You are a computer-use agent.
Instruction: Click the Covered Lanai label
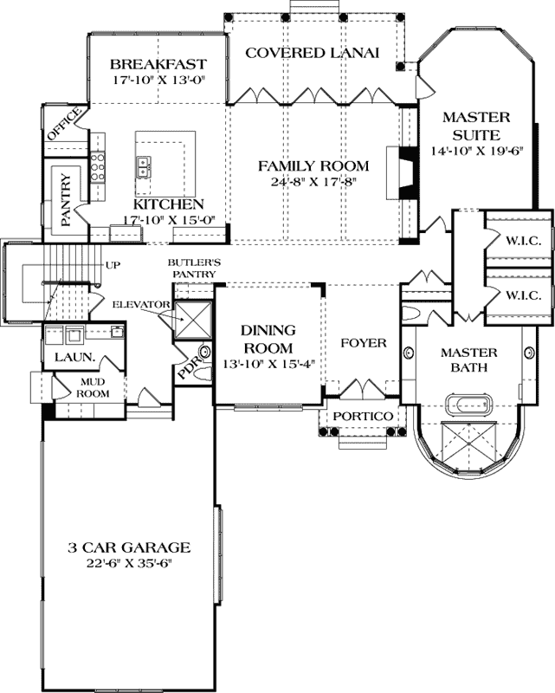[x=313, y=53]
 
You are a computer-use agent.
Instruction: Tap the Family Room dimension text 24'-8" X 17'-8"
[x=313, y=182]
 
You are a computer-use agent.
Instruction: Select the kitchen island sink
[x=143, y=166]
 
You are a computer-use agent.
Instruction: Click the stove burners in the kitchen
[x=98, y=166]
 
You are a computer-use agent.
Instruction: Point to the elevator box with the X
[x=193, y=320]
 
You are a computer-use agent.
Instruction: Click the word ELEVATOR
[x=141, y=305]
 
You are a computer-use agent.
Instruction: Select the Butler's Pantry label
[x=194, y=269]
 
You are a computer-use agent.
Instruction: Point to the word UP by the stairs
[x=113, y=265]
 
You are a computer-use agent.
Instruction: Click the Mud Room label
[x=93, y=387]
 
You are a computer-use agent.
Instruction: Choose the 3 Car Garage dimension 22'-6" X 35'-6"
[x=129, y=564]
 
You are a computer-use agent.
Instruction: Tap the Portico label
[x=363, y=417]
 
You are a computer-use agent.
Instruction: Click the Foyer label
[x=364, y=343]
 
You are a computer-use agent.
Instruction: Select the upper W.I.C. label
[x=524, y=242]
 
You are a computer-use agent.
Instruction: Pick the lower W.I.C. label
[x=524, y=295]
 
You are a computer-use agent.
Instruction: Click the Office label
[x=65, y=124]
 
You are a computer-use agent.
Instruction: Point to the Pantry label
[x=66, y=200]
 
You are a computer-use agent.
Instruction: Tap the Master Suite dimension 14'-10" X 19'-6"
[x=477, y=151]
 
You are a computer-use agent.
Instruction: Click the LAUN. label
[x=75, y=356]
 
